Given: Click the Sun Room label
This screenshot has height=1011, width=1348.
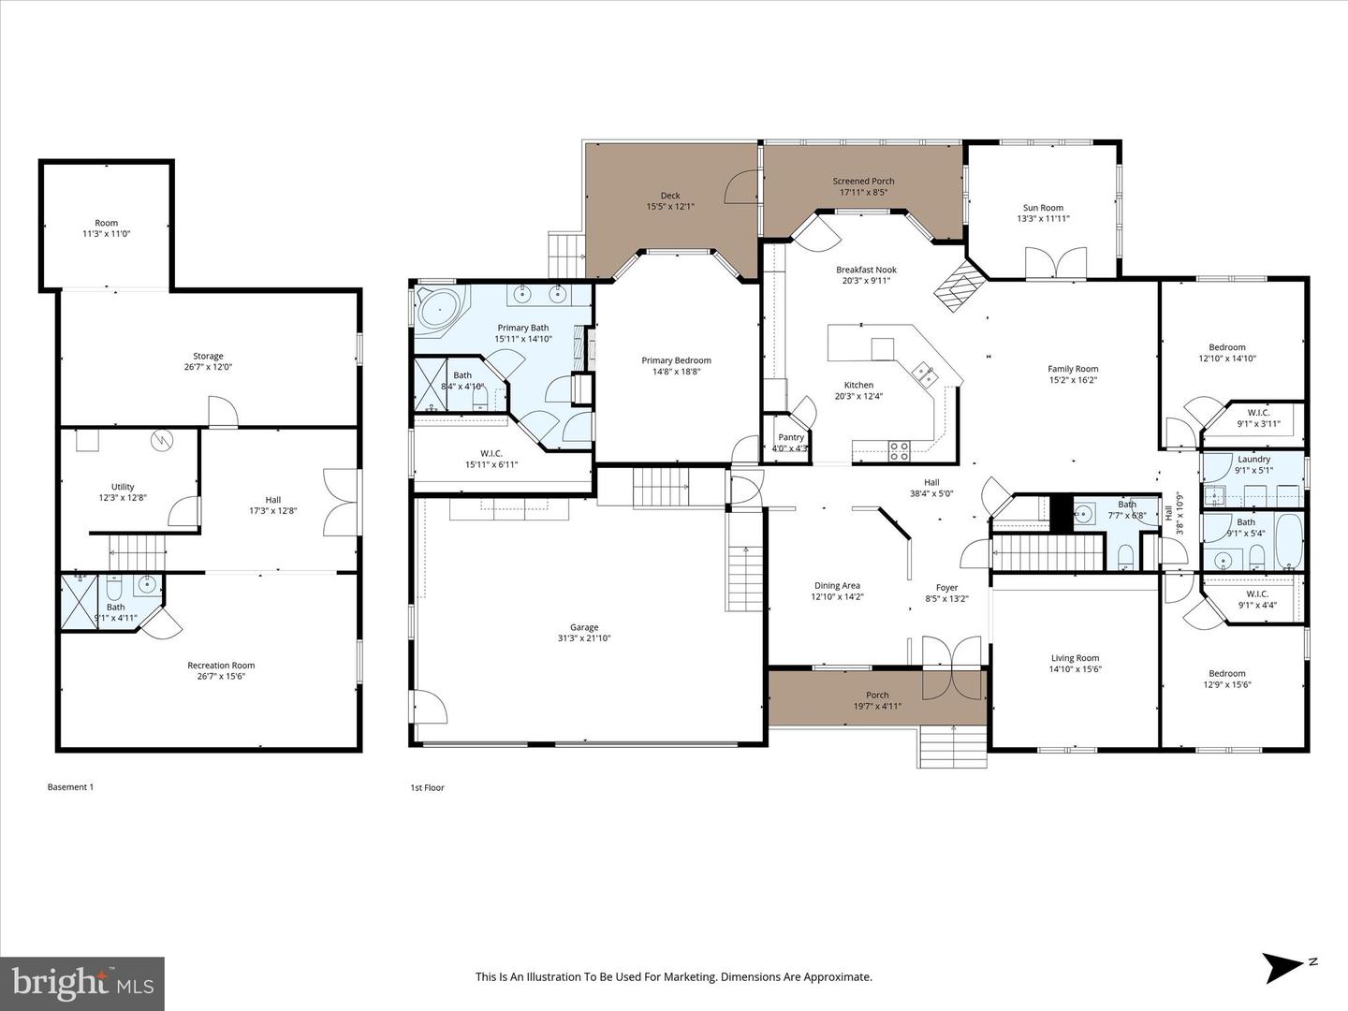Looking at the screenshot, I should pyautogui.click(x=1042, y=208).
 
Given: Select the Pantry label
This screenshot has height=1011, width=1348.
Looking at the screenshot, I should pyautogui.click(x=791, y=437).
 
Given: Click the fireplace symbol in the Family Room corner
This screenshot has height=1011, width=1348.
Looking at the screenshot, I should pyautogui.click(x=959, y=286).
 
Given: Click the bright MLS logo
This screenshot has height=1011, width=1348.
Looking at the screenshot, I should pyautogui.click(x=82, y=984).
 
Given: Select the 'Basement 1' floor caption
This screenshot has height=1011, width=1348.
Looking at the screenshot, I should pyautogui.click(x=70, y=787).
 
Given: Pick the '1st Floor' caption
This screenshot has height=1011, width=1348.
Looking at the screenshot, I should pyautogui.click(x=427, y=788).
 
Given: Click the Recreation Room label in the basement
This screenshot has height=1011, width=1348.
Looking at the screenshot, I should pyautogui.click(x=221, y=666).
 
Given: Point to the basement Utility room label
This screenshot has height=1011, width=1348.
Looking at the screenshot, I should pyautogui.click(x=123, y=487).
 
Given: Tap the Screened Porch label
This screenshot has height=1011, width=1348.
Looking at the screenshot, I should pyautogui.click(x=863, y=181).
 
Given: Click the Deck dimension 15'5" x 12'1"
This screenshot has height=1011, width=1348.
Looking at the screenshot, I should pyautogui.click(x=670, y=207).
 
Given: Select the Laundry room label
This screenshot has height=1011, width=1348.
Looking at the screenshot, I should pyautogui.click(x=1253, y=459).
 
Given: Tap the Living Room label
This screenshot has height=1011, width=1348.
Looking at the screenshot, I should pyautogui.click(x=1074, y=658).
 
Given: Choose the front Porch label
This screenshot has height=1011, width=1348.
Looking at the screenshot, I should pyautogui.click(x=877, y=695).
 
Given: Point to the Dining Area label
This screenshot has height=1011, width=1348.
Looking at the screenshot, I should pyautogui.click(x=837, y=586).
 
